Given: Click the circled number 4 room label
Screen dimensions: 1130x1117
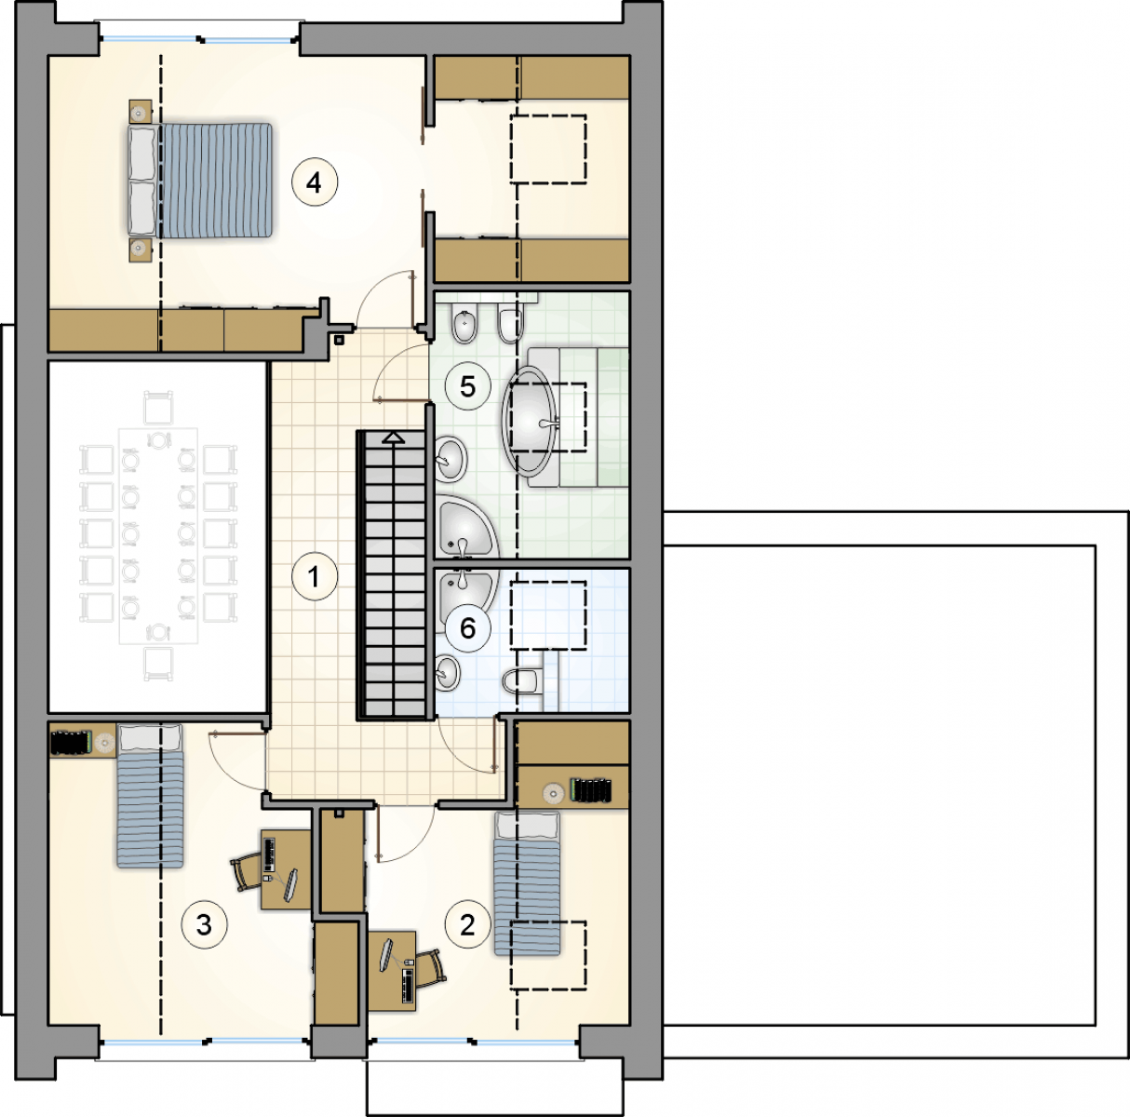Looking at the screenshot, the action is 315,182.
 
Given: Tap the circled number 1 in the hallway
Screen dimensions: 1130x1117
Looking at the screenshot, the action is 315,577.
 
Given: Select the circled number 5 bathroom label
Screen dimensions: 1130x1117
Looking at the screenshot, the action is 467,386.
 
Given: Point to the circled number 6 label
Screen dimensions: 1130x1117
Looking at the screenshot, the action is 467,629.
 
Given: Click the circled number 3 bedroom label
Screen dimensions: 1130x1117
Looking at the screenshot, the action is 204,925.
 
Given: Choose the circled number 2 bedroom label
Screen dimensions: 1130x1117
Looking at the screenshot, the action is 467,925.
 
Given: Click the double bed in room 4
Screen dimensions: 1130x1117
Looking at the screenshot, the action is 200,180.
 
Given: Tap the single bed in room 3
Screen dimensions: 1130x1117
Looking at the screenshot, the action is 150,796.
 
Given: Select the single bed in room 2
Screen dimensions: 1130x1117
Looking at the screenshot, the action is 527,884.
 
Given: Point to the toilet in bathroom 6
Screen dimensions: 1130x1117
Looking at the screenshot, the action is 519,680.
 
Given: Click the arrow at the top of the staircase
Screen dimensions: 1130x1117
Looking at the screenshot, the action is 394,437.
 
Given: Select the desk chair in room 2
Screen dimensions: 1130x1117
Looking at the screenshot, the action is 431,967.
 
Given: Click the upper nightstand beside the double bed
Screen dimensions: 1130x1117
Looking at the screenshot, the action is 141,111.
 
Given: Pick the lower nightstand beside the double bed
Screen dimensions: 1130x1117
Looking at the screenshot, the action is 141,249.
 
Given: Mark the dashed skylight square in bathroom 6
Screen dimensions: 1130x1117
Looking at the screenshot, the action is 547,615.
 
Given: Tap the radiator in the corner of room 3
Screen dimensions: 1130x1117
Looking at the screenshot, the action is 71,742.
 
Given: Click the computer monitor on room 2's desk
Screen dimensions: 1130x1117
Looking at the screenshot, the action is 387,954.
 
